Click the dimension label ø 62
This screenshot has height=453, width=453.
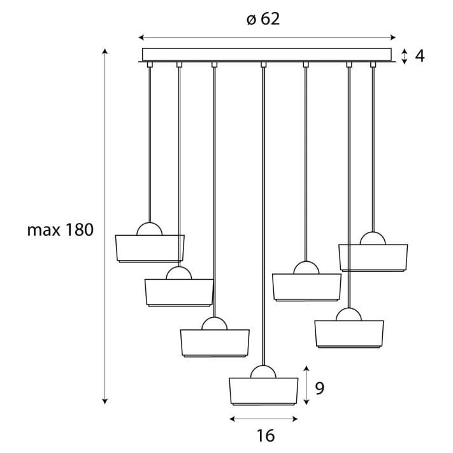263,19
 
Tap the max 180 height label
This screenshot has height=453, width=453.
61,230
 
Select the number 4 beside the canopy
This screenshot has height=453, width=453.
420,56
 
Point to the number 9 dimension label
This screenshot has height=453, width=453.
319,388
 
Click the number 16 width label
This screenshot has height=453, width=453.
266,435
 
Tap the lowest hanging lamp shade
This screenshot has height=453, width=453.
264,391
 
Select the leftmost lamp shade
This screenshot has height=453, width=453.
150,248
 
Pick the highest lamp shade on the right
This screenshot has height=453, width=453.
373,258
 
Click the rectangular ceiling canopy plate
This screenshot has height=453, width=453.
267,55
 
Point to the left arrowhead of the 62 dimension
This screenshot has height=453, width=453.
141,38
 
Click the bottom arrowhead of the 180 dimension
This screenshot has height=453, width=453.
105,401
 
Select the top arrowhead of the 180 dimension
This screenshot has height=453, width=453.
105,52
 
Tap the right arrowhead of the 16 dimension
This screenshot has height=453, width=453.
295,419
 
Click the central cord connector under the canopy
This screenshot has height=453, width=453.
264,64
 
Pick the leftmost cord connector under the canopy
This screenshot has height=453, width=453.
150,64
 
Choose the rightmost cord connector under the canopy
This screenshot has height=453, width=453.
373,64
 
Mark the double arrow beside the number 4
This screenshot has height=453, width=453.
405,56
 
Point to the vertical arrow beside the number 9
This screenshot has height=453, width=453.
307,385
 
